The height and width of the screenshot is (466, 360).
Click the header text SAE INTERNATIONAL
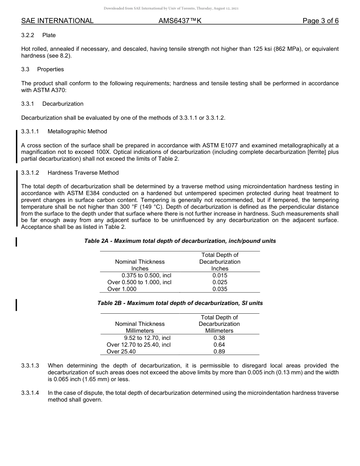[x=57, y=21]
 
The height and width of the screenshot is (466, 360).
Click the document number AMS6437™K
[x=180, y=21]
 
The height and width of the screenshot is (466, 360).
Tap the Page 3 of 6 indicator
[x=320, y=21]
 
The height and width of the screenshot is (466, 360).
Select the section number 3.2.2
[x=28, y=35]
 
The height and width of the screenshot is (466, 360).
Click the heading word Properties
[x=50, y=69]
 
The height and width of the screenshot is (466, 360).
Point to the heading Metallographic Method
[x=77, y=131]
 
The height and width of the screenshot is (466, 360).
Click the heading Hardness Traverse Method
[x=83, y=173]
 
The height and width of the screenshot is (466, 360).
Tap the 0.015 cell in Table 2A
[x=220, y=275]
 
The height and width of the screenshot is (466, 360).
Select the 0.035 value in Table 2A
[x=220, y=289]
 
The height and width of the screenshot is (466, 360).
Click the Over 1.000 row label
[x=122, y=289]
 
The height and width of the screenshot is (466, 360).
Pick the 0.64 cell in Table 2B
[x=219, y=345]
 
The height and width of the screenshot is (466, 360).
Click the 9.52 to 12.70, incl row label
[x=147, y=338]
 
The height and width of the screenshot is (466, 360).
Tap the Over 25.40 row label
[x=121, y=352]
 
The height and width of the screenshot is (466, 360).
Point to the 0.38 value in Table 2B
[x=219, y=338]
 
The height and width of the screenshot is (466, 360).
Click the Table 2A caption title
[x=180, y=241]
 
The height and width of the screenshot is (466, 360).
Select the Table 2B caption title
[x=180, y=303]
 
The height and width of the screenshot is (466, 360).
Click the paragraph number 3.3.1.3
[x=30, y=366]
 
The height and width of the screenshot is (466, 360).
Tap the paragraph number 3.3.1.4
[x=30, y=393]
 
